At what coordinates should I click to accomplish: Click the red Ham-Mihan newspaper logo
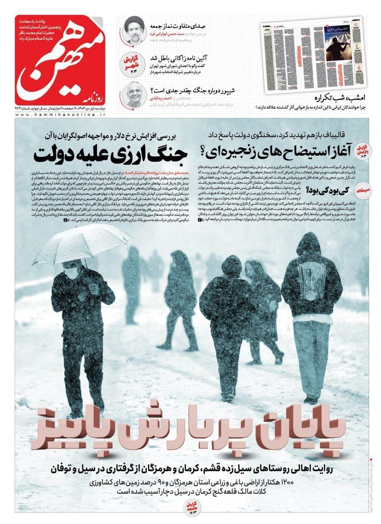pyautogui.click(x=57, y=60)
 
